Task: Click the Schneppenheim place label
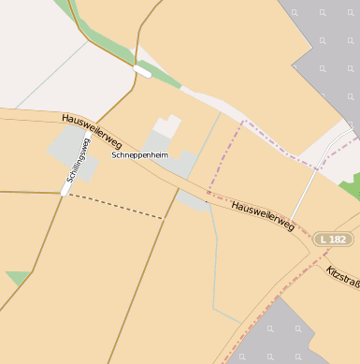click(x=138, y=155)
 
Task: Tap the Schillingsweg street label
click(x=79, y=159)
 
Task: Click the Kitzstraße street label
click(x=343, y=276)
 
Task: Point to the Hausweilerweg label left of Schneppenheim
click(x=92, y=130)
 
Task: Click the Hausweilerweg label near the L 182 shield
click(x=263, y=215)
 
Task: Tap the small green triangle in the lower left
click(x=16, y=277)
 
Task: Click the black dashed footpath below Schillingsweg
click(x=116, y=207)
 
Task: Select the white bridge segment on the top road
click(x=142, y=69)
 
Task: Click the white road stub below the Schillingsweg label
click(x=66, y=189)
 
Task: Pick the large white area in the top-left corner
click(x=37, y=47)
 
